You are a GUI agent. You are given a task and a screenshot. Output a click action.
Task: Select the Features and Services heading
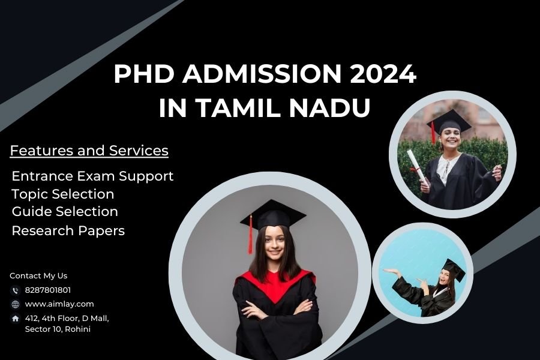coord(89,151)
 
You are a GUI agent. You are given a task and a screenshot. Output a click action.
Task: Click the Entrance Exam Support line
coord(92,176)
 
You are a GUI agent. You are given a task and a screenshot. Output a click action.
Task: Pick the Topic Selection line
coord(62,194)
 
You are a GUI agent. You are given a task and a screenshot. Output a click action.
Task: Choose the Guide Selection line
coord(65,211)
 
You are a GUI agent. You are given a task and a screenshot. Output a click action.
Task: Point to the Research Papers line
coord(68,230)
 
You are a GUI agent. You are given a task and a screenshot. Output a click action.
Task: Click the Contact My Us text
coord(38,275)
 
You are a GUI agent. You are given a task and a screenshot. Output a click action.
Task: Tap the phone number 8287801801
coord(48,290)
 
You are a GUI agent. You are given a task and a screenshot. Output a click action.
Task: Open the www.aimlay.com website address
coord(59,304)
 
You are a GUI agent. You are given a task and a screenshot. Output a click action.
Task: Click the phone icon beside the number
coord(16,290)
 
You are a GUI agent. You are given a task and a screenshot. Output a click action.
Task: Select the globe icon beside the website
coord(16,304)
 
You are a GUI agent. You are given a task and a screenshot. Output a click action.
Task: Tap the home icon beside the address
coord(16,318)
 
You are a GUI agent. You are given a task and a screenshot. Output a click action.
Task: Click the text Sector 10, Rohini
coord(58,329)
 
